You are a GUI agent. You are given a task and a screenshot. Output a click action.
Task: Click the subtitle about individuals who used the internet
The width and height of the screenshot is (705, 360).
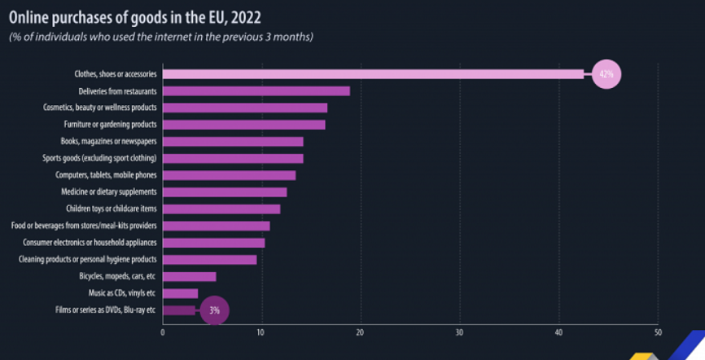(161, 37)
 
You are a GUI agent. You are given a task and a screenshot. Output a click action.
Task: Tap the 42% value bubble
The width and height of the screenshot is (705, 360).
(606, 74)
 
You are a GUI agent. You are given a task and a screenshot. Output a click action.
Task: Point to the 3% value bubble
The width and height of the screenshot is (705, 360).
(214, 310)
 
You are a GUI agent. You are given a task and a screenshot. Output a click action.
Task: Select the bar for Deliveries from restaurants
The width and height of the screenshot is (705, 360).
(256, 90)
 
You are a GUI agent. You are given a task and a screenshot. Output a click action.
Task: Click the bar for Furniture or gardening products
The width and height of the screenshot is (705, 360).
(244, 125)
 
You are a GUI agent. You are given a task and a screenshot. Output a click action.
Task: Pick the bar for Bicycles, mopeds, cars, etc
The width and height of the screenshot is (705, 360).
(190, 276)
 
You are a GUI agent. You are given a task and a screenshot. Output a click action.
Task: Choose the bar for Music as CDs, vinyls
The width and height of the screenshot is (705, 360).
(181, 293)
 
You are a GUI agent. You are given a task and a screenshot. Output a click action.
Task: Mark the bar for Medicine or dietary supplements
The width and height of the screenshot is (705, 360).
(225, 192)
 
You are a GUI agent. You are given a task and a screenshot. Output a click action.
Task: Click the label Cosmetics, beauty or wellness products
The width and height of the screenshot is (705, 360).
(100, 108)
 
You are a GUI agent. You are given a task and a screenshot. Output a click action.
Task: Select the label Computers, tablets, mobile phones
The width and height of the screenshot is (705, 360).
(106, 175)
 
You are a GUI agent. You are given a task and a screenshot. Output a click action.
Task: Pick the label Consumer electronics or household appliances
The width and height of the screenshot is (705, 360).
(90, 243)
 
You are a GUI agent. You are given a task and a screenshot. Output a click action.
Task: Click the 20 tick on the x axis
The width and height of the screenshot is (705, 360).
(361, 332)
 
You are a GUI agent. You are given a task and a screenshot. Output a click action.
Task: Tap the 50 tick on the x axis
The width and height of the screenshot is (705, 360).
(657, 332)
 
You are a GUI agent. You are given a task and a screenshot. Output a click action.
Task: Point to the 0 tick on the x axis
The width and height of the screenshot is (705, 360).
(163, 332)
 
